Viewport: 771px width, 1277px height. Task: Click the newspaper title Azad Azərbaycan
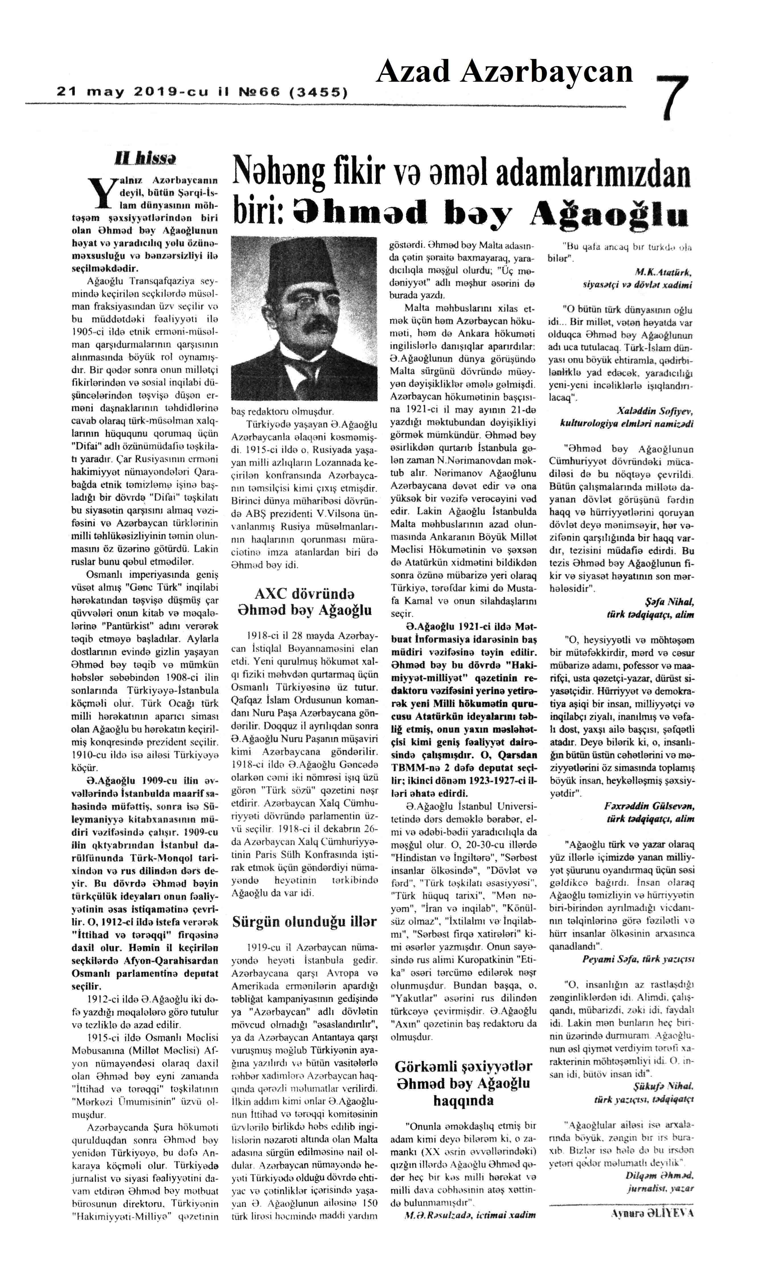point(504,71)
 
